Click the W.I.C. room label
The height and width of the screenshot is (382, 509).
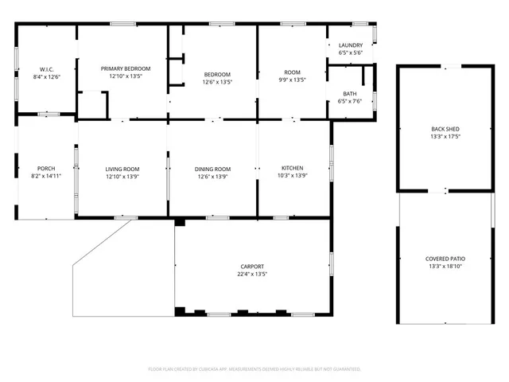pos(46,69)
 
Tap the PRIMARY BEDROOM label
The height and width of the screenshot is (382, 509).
pos(126,69)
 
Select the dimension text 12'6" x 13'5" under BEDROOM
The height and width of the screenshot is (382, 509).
pos(217,82)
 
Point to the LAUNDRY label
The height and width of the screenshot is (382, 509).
pos(350,45)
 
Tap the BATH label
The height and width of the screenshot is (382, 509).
pos(350,94)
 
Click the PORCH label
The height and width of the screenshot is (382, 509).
pos(46,169)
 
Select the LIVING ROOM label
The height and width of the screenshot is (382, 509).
pos(122,169)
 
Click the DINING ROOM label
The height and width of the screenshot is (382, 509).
pos(213,169)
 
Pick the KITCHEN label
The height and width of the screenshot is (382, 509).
pos(293,169)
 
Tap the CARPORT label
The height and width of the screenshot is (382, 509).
pos(252,267)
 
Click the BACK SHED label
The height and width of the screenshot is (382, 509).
pos(445,129)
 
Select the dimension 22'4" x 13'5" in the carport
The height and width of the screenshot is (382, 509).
pos(252,275)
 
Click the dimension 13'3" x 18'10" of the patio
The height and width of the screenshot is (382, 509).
pos(445,267)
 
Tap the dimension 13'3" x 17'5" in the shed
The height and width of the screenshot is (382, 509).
pos(445,137)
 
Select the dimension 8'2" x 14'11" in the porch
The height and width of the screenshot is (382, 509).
pos(46,177)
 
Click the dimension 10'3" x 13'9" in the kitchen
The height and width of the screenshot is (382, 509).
pos(293,177)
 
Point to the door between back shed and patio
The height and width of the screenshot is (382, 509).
pos(445,192)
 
